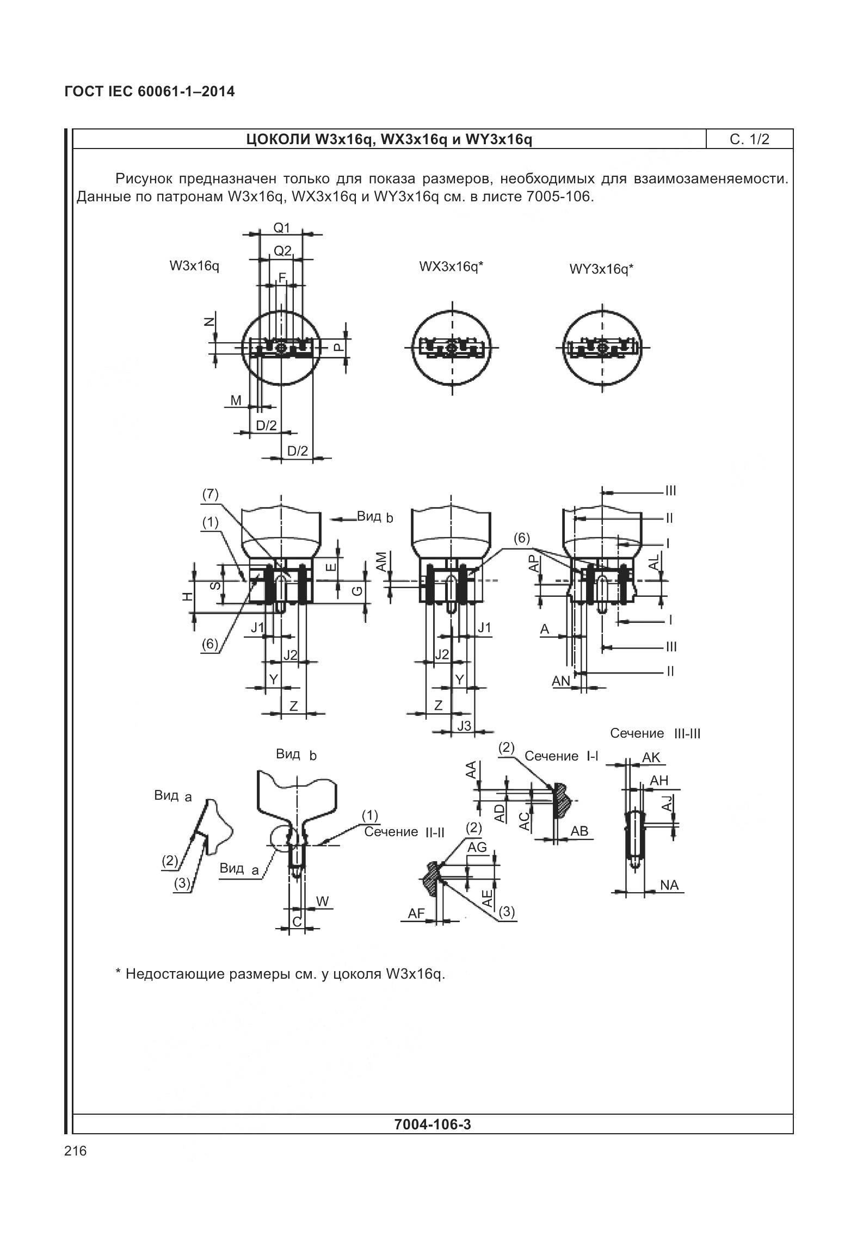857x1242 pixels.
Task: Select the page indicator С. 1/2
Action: coord(749,139)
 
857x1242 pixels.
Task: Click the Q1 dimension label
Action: coord(282,228)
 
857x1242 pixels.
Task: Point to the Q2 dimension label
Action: coord(282,251)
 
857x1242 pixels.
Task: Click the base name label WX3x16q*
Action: coord(451,267)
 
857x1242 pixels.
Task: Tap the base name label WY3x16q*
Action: coord(601,269)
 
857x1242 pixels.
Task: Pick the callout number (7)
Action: coord(210,494)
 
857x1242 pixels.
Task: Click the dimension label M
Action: coord(236,401)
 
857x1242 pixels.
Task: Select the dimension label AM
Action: coord(381,561)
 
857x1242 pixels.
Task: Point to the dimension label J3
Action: coord(464,726)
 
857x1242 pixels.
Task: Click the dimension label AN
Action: coord(560,681)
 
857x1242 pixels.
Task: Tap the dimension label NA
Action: coord(669,885)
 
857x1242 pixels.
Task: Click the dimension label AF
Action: coord(416,913)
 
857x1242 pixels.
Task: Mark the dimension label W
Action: coord(322,901)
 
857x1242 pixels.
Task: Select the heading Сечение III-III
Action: coord(655,733)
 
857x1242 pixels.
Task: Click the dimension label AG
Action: coord(477,847)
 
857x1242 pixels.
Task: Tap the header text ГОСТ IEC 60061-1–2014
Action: coord(150,91)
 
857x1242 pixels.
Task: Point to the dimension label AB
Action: coord(579,831)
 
